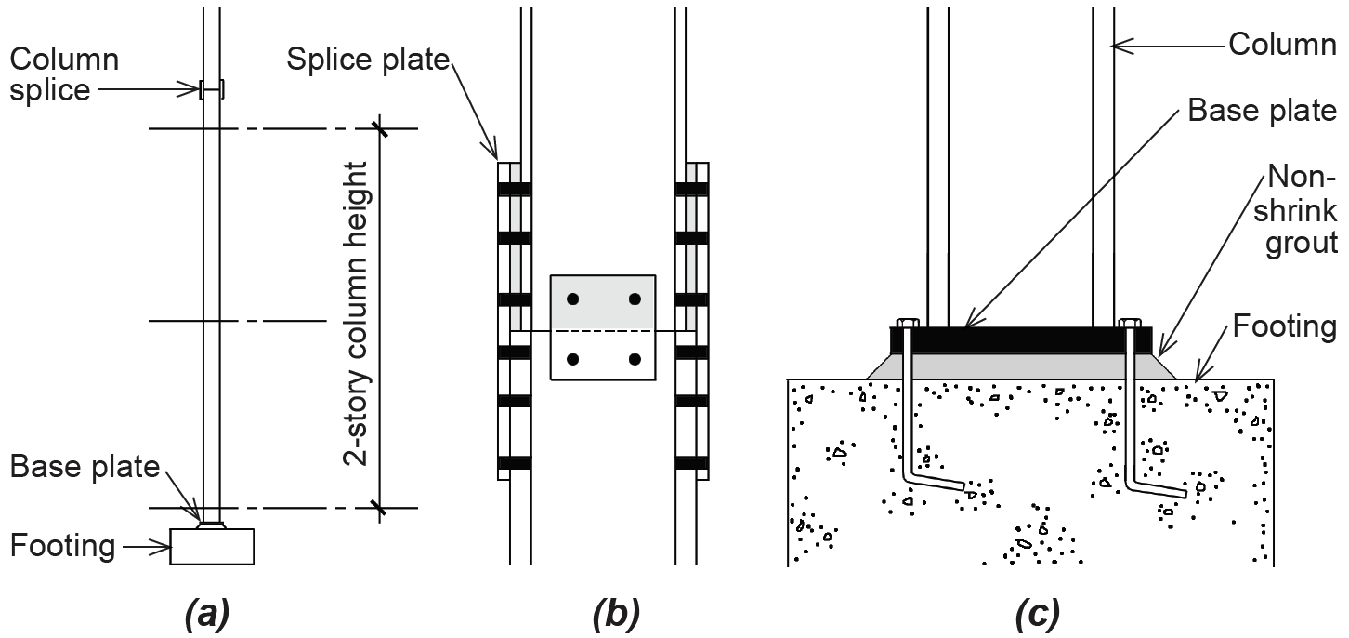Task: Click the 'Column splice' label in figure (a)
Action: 64,74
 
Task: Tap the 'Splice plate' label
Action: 368,60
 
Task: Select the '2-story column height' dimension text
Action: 355,313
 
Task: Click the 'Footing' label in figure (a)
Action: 62,546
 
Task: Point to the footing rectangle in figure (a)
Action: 212,546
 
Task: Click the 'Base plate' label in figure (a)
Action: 85,468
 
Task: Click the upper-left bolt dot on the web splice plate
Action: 573,299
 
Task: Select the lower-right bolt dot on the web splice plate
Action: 635,359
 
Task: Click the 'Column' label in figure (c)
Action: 1282,45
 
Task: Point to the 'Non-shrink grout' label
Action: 1301,210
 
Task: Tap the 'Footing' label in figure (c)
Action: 1285,326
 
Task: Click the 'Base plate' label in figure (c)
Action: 1263,111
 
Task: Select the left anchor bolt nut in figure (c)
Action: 907,324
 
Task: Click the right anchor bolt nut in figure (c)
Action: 1131,324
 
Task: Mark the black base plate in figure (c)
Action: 1021,340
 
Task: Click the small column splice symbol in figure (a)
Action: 212,90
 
